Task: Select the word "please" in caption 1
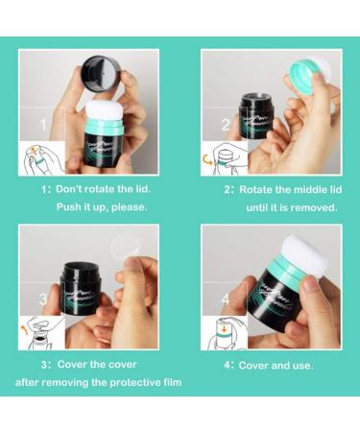[x=130, y=207]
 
